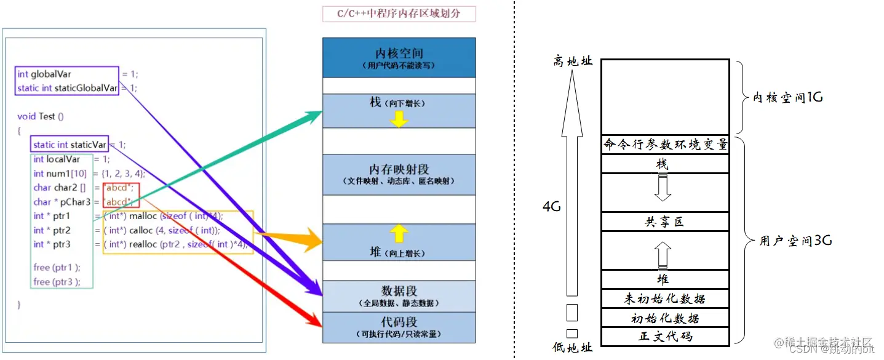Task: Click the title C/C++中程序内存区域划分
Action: coord(399,14)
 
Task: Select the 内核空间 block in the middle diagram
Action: coord(399,57)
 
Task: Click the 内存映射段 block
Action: coord(399,174)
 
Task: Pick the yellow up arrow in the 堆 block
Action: coord(399,233)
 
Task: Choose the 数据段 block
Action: coord(399,295)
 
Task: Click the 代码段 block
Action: coord(399,327)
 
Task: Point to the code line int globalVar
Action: coord(44,74)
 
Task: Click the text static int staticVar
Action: coord(70,145)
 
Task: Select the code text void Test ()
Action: coord(41,116)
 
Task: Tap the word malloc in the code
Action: coord(143,216)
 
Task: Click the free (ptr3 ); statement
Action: coord(57,282)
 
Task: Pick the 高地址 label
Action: coord(573,62)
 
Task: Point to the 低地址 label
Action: coord(572,348)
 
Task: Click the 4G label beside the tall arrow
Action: coord(552,207)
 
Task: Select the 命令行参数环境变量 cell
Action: coord(665,145)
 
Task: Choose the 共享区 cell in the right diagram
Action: coord(665,222)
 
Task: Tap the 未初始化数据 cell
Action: coord(665,299)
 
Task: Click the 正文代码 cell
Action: coord(665,337)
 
